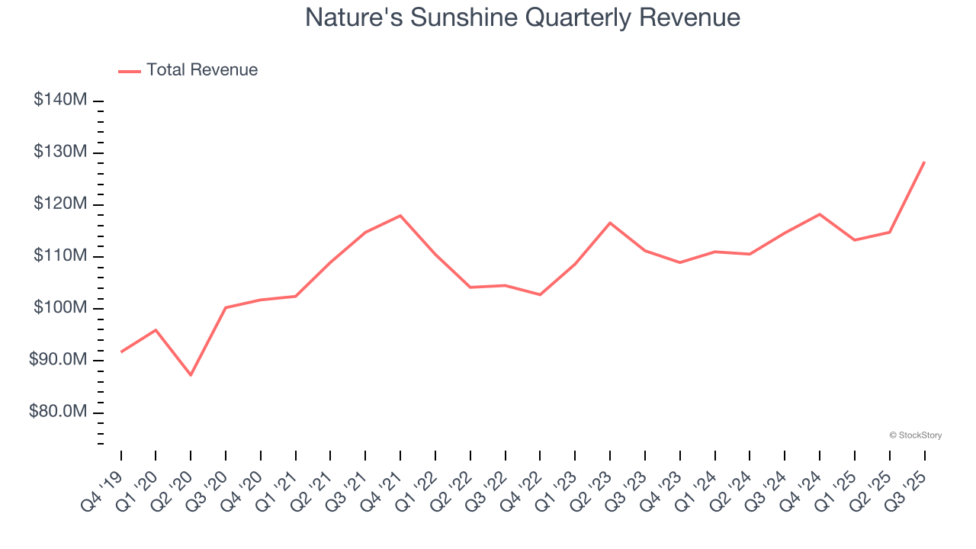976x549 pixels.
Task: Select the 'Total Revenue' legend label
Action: click(x=202, y=70)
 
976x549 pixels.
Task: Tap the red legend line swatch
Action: click(x=130, y=71)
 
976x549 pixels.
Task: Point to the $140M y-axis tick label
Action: click(x=60, y=100)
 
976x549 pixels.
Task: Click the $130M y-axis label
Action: click(x=60, y=152)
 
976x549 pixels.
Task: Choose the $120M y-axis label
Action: click(x=60, y=204)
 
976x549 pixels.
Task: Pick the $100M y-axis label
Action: click(x=60, y=307)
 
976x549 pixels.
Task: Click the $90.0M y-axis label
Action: click(x=58, y=359)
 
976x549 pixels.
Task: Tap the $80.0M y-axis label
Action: click(x=58, y=412)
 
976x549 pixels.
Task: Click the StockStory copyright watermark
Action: click(x=915, y=435)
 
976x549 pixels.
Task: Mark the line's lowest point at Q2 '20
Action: click(x=191, y=375)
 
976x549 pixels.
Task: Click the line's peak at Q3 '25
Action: click(x=924, y=162)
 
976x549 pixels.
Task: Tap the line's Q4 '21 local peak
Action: click(x=400, y=215)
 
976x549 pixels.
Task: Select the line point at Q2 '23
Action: click(x=610, y=223)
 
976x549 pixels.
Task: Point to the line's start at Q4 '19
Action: click(x=121, y=352)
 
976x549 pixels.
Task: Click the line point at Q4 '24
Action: click(x=820, y=214)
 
